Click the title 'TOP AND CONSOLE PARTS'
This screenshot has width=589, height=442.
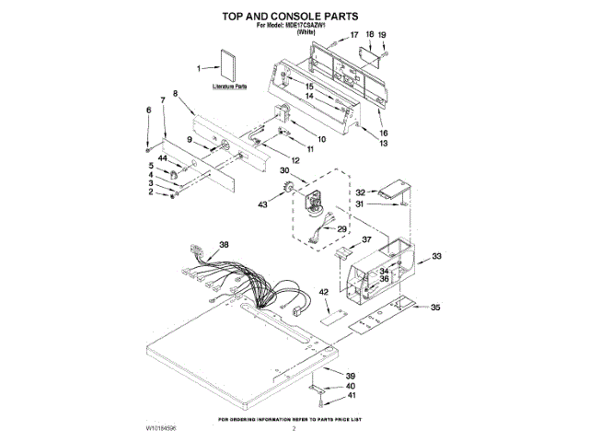pyautogui.click(x=292, y=16)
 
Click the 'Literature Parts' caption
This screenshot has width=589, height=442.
pyautogui.click(x=229, y=87)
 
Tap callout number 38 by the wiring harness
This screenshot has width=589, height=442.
pyautogui.click(x=223, y=244)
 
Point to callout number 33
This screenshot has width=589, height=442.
pyautogui.click(x=437, y=256)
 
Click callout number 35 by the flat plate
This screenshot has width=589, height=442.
pyautogui.click(x=435, y=308)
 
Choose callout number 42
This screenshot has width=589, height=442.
pyautogui.click(x=324, y=292)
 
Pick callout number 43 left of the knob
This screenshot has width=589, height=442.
pyautogui.click(x=262, y=204)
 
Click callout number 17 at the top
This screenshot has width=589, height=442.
pyautogui.click(x=353, y=35)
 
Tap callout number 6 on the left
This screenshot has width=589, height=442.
pyautogui.click(x=148, y=110)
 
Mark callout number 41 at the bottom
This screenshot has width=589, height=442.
pyautogui.click(x=351, y=395)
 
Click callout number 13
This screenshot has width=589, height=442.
pyautogui.click(x=384, y=144)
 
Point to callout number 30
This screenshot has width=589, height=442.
pyautogui.click(x=284, y=171)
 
